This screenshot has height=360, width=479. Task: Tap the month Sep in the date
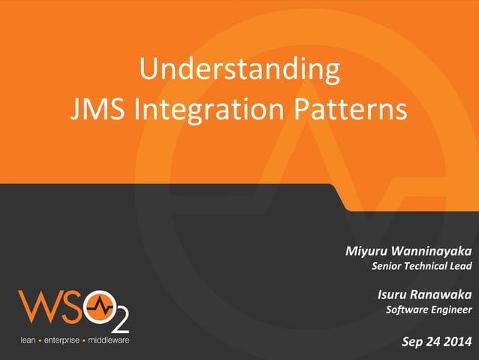[x=413, y=343]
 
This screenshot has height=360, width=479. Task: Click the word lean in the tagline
[x=27, y=340]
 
